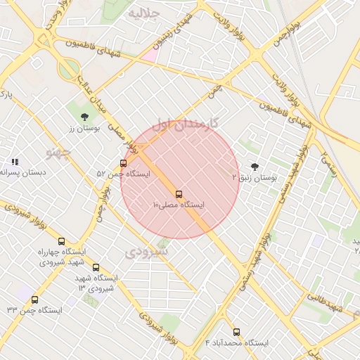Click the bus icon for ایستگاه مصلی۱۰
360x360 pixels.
point(178,194)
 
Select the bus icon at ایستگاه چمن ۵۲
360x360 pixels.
point(124,163)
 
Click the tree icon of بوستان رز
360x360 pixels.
point(85,117)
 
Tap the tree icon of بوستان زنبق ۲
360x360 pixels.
point(254,167)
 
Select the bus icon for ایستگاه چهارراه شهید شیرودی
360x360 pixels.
point(61,241)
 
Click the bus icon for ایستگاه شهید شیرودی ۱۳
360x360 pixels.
point(96,268)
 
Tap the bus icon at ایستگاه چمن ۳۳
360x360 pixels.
point(34,300)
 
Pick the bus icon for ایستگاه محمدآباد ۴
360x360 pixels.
point(236,332)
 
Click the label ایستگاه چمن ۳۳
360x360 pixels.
point(34,310)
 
